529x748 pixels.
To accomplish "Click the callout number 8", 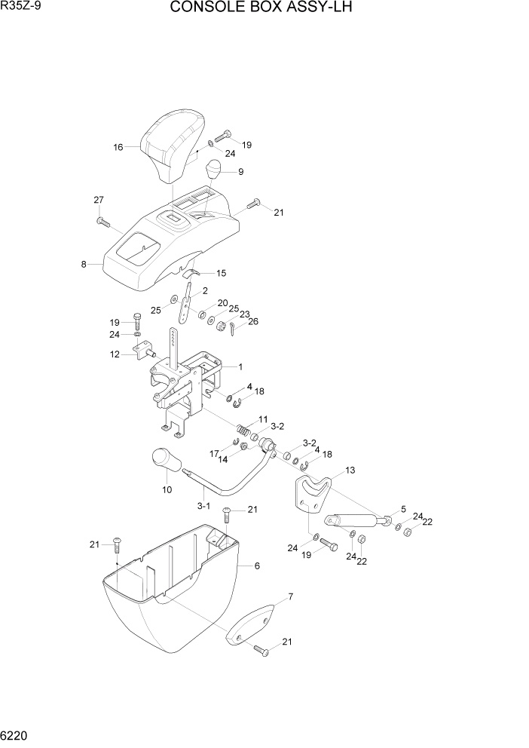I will (84, 265).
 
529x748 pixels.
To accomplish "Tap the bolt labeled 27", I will (103, 222).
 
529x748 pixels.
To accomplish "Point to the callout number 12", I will (115, 354).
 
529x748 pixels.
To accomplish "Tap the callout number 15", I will (222, 273).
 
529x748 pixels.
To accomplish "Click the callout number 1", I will (240, 367).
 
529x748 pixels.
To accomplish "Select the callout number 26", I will (253, 321).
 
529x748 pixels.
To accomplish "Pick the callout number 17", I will (214, 454).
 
